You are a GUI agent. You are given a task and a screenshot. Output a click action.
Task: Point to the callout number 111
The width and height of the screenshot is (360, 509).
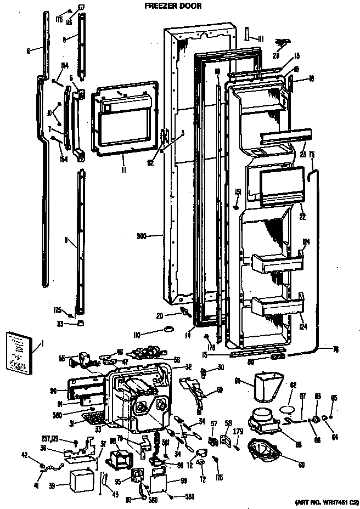tap(261, 38)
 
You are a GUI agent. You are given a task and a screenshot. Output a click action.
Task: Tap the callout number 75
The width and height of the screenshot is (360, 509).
tap(311, 155)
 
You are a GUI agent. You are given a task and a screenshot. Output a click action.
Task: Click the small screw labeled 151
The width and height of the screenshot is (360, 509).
tap(235, 207)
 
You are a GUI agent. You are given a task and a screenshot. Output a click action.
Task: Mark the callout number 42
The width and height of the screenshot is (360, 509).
tap(25, 454)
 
